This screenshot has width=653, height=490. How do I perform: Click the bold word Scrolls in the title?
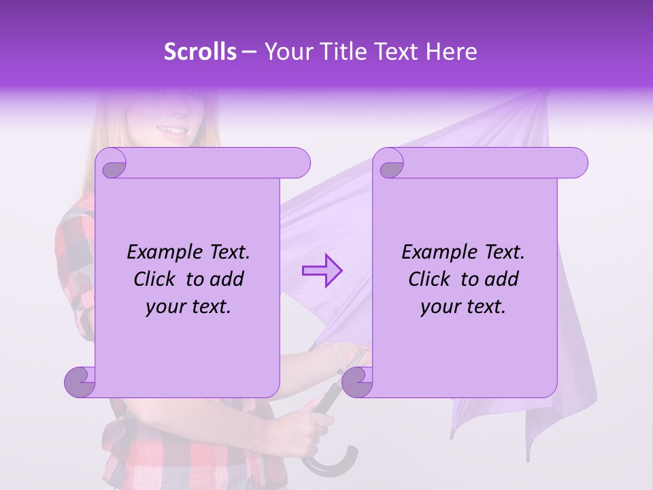coord(200,52)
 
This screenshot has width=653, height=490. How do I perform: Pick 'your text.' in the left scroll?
coord(188,307)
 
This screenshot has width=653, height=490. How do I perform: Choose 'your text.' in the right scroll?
coord(463,307)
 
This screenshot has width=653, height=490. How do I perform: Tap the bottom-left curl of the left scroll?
coord(80,381)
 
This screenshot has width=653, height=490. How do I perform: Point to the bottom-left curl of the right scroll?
coord(357,381)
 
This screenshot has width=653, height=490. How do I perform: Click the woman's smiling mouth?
coord(172,129)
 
